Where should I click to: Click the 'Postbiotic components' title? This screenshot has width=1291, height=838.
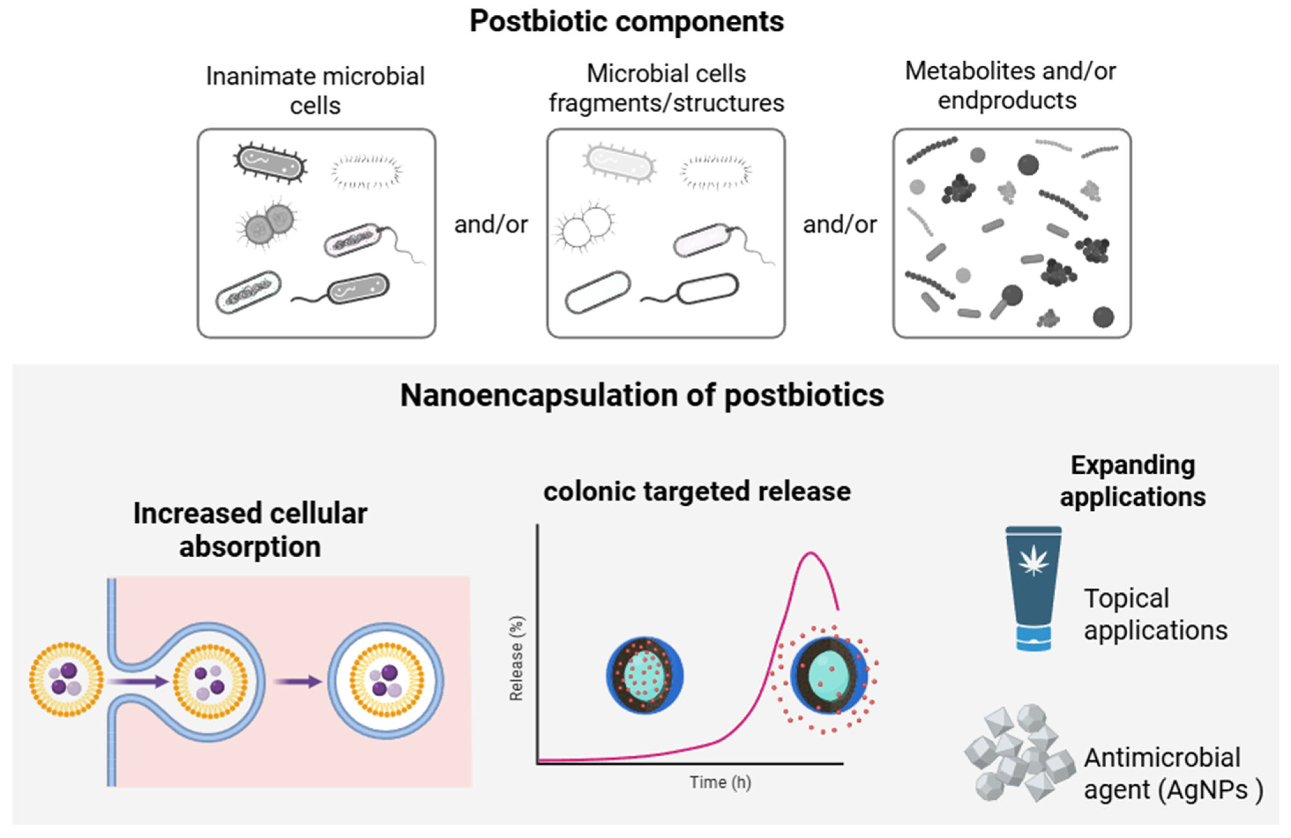[x=627, y=22]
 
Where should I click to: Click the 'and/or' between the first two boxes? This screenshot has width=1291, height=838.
[x=491, y=224]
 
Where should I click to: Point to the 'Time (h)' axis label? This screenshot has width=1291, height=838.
[x=720, y=782]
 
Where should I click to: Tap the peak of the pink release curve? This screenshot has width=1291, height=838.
[x=810, y=553]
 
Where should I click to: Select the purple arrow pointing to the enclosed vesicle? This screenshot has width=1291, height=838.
[x=298, y=681]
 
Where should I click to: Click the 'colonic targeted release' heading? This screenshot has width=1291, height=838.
[x=697, y=491]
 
